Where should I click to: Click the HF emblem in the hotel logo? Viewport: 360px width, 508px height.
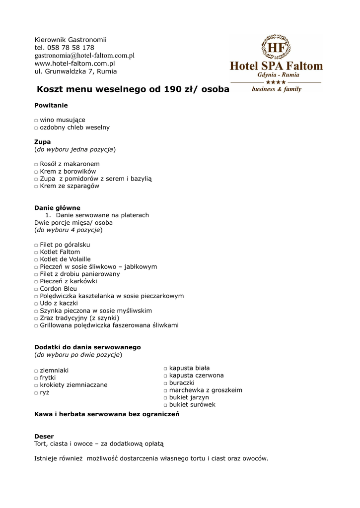(x=276, y=48)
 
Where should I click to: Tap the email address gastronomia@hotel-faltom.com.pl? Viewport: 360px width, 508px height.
(x=84, y=56)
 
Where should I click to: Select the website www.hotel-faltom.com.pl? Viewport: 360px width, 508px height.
(x=74, y=63)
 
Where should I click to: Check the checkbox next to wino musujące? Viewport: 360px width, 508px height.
(x=36, y=121)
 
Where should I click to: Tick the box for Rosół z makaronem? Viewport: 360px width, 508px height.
(x=36, y=164)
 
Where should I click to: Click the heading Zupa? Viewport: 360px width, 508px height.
(x=42, y=142)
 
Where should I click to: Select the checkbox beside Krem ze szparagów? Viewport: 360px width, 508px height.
(x=36, y=187)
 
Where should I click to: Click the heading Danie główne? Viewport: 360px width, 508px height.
(x=57, y=208)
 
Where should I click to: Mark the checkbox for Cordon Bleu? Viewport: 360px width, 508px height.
(x=36, y=289)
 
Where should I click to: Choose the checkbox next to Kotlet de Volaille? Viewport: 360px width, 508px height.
(x=36, y=259)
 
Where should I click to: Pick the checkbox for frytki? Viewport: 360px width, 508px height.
(x=36, y=378)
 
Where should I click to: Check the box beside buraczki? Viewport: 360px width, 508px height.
(x=165, y=383)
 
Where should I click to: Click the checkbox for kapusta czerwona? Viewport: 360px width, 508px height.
(x=165, y=376)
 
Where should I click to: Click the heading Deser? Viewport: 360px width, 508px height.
(x=44, y=437)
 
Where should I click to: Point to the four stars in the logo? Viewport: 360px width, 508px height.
(x=276, y=82)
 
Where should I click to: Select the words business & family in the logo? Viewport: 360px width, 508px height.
(x=276, y=89)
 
